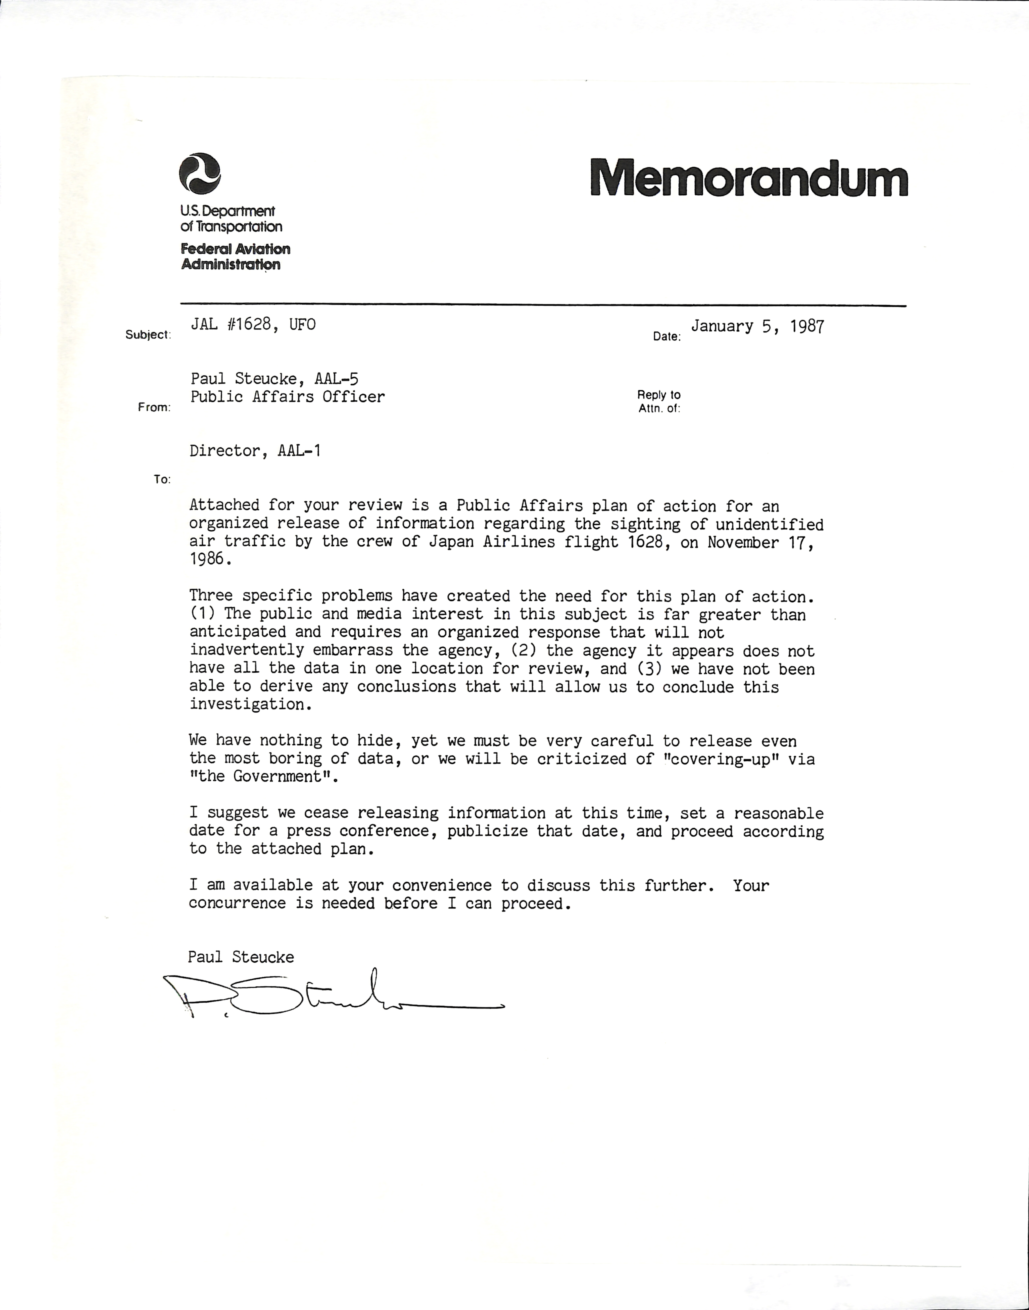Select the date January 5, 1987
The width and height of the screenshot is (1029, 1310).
point(757,327)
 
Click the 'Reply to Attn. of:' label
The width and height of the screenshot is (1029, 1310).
point(659,401)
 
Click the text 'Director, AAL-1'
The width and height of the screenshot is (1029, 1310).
point(255,451)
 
